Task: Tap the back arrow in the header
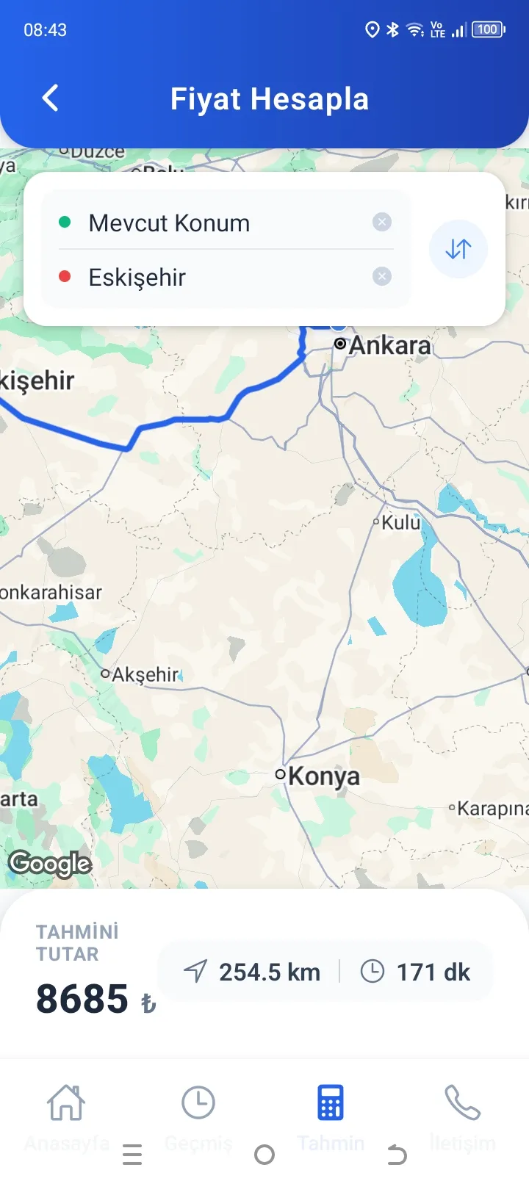(50, 98)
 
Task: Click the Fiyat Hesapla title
(269, 99)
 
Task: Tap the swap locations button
(458, 249)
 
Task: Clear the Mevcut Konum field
(381, 222)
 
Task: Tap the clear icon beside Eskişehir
(381, 276)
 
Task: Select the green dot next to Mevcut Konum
(65, 222)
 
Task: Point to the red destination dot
(65, 276)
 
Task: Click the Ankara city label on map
(389, 344)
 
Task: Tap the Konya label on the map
(323, 776)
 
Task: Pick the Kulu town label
(400, 522)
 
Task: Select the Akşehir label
(145, 674)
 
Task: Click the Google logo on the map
(50, 864)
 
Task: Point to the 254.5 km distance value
(269, 972)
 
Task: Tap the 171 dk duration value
(433, 972)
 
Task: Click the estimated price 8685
(82, 999)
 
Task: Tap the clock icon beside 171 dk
(372, 972)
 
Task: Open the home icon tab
(66, 1102)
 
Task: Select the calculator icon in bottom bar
(331, 1102)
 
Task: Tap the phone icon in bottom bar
(462, 1102)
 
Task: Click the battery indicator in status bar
(489, 29)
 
